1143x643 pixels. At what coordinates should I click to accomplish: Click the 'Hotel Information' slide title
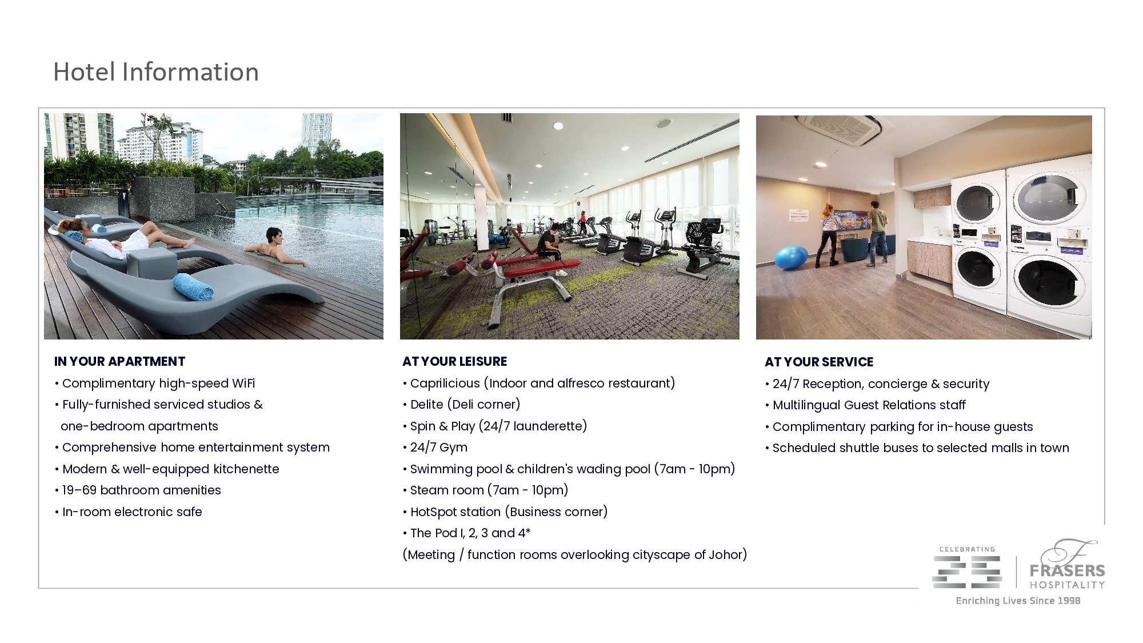click(156, 72)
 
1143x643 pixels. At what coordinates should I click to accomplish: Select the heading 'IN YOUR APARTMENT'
click(119, 361)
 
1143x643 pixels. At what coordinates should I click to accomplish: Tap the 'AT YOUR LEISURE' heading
click(455, 361)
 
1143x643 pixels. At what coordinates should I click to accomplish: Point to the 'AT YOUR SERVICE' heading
click(819, 362)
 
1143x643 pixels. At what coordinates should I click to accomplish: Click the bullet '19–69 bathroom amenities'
click(138, 490)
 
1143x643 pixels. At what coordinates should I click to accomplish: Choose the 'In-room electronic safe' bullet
click(129, 512)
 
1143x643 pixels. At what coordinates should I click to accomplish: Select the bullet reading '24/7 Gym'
click(435, 448)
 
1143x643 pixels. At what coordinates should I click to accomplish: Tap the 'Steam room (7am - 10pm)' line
click(486, 490)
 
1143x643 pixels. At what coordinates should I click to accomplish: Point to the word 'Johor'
click(725, 554)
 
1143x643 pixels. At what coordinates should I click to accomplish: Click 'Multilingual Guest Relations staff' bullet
click(865, 405)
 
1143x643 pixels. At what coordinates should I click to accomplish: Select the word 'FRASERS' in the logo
click(1067, 570)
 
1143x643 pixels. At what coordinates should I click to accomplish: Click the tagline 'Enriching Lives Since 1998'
click(1018, 601)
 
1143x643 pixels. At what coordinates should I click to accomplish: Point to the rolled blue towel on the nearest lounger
click(193, 286)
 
